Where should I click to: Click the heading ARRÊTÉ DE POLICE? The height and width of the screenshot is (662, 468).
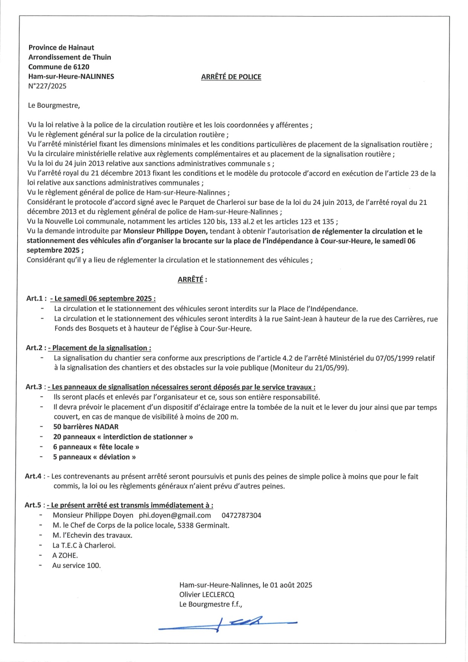231,77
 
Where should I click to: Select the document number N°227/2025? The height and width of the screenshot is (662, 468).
47,86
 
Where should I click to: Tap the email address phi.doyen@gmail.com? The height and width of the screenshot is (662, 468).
175,516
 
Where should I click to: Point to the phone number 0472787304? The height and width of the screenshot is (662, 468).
241,516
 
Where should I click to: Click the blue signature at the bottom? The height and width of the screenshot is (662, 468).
228,623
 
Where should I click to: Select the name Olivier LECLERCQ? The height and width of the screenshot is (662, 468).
207,595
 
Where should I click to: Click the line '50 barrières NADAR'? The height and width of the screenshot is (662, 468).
86,427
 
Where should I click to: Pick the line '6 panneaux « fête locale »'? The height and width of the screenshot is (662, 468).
96,447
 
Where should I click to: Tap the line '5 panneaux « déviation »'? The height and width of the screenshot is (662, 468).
94,457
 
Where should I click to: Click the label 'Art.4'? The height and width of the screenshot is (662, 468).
33,477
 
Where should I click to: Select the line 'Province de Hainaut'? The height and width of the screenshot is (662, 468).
61,48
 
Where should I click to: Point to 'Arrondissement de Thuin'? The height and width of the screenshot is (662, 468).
70,58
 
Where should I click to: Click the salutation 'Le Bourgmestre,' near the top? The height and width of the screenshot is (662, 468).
54,106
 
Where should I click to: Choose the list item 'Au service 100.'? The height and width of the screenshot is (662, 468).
77,566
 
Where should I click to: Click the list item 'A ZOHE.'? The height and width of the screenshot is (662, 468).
65,556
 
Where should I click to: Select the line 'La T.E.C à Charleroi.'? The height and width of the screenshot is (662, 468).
84,546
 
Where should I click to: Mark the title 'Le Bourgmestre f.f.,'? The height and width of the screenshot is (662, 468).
211,604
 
